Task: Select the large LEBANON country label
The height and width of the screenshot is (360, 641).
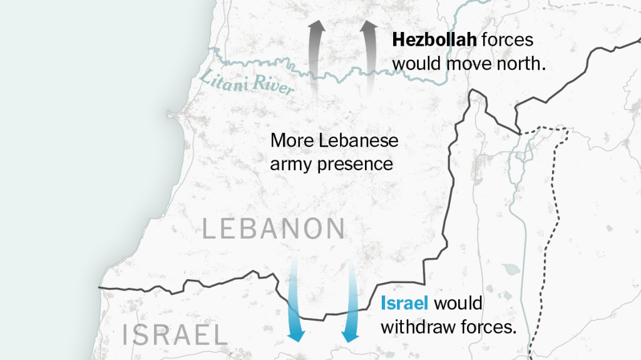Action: pos(274,229)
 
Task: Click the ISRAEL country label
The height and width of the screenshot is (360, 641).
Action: pos(175,336)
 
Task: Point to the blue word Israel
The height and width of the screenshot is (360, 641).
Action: pos(404,304)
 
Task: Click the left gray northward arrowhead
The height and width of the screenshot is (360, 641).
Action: pos(317,28)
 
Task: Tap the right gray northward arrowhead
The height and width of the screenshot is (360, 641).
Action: pos(369,28)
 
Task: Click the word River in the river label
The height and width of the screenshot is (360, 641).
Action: pos(274,86)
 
